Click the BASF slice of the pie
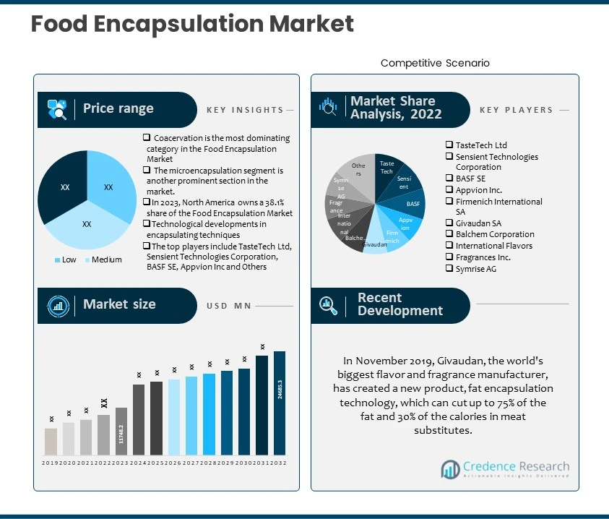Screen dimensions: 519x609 coord(413,204)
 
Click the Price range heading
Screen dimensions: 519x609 coord(118,108)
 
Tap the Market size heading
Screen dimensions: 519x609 coord(119,304)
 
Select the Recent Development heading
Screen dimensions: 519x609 coord(399,304)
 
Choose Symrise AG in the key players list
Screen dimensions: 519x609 coord(475,269)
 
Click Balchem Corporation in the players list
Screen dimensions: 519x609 coord(494,234)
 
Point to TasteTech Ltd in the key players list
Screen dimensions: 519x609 coord(480,145)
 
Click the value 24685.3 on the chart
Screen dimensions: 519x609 coord(280,390)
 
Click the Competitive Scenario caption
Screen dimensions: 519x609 coord(435,63)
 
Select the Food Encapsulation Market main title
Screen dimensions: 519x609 coord(192,24)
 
